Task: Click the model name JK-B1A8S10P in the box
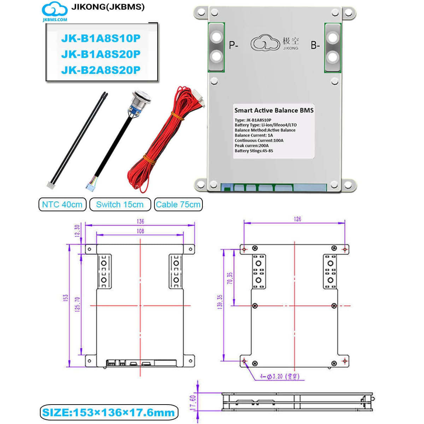[x=101, y=38]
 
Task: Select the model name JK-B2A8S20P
[x=101, y=70]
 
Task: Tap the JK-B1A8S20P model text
[x=101, y=54]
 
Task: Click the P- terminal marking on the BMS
[x=234, y=45]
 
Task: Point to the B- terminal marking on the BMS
[x=315, y=45]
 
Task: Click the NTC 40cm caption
[x=62, y=205]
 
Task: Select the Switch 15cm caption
[x=120, y=205]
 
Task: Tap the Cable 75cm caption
[x=178, y=205]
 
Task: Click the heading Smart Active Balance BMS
[x=274, y=110]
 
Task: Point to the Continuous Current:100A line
[x=259, y=140]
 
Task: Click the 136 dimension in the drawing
[x=140, y=221]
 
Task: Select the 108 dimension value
[x=140, y=231]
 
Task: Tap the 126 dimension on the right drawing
[x=298, y=219]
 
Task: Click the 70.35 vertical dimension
[x=230, y=278]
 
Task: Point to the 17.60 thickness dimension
[x=193, y=403]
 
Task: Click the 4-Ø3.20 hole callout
[x=279, y=377]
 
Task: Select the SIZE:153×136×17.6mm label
[x=108, y=412]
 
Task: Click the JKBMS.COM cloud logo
[x=55, y=12]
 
